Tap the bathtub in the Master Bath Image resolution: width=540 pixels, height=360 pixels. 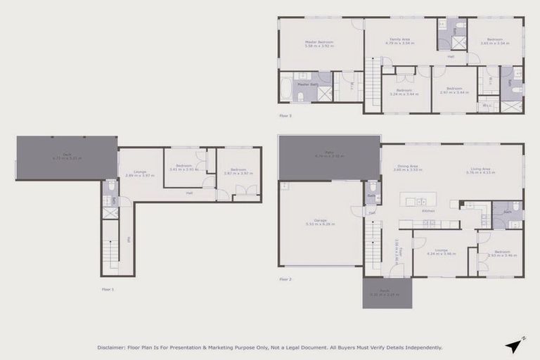pos(286,89)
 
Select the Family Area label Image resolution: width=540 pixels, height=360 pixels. pos(397,41)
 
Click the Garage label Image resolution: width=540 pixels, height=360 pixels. pos(320,223)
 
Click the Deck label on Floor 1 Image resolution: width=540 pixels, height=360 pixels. pos(67,157)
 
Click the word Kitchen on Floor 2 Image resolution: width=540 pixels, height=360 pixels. pos(427,210)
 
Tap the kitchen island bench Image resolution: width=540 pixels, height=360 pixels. pos(418,200)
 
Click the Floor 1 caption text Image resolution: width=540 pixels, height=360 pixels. pos(107,289)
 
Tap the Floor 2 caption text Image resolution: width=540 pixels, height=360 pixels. pos(285,279)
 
